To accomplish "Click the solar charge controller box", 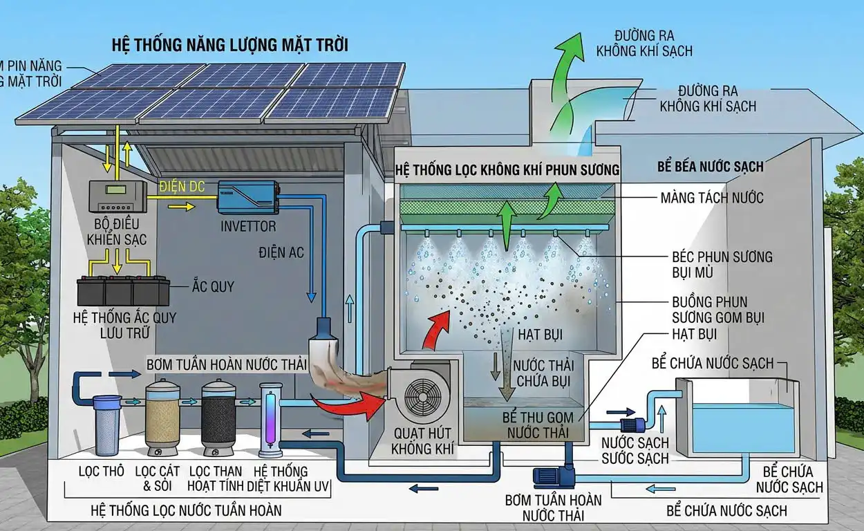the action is [118, 196].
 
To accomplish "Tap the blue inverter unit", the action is [248, 197].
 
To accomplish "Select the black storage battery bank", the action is [124, 291].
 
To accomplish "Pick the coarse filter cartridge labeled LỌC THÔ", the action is [106, 426].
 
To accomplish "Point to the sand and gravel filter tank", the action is [162, 417].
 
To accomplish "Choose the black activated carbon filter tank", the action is [218, 418].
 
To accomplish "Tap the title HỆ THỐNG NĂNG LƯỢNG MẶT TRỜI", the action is [230, 45].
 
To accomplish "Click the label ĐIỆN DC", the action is [182, 187].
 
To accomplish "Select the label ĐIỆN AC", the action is [281, 253].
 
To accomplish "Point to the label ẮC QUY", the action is [214, 286].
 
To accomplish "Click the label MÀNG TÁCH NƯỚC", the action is [712, 198].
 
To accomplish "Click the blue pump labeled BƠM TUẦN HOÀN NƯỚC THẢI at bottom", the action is [554, 475].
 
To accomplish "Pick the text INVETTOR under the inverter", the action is [248, 226].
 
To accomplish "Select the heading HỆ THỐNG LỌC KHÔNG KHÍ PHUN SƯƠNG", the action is [507, 170].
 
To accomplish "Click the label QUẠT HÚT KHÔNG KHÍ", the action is [423, 441].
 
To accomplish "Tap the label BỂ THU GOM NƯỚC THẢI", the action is [538, 425].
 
